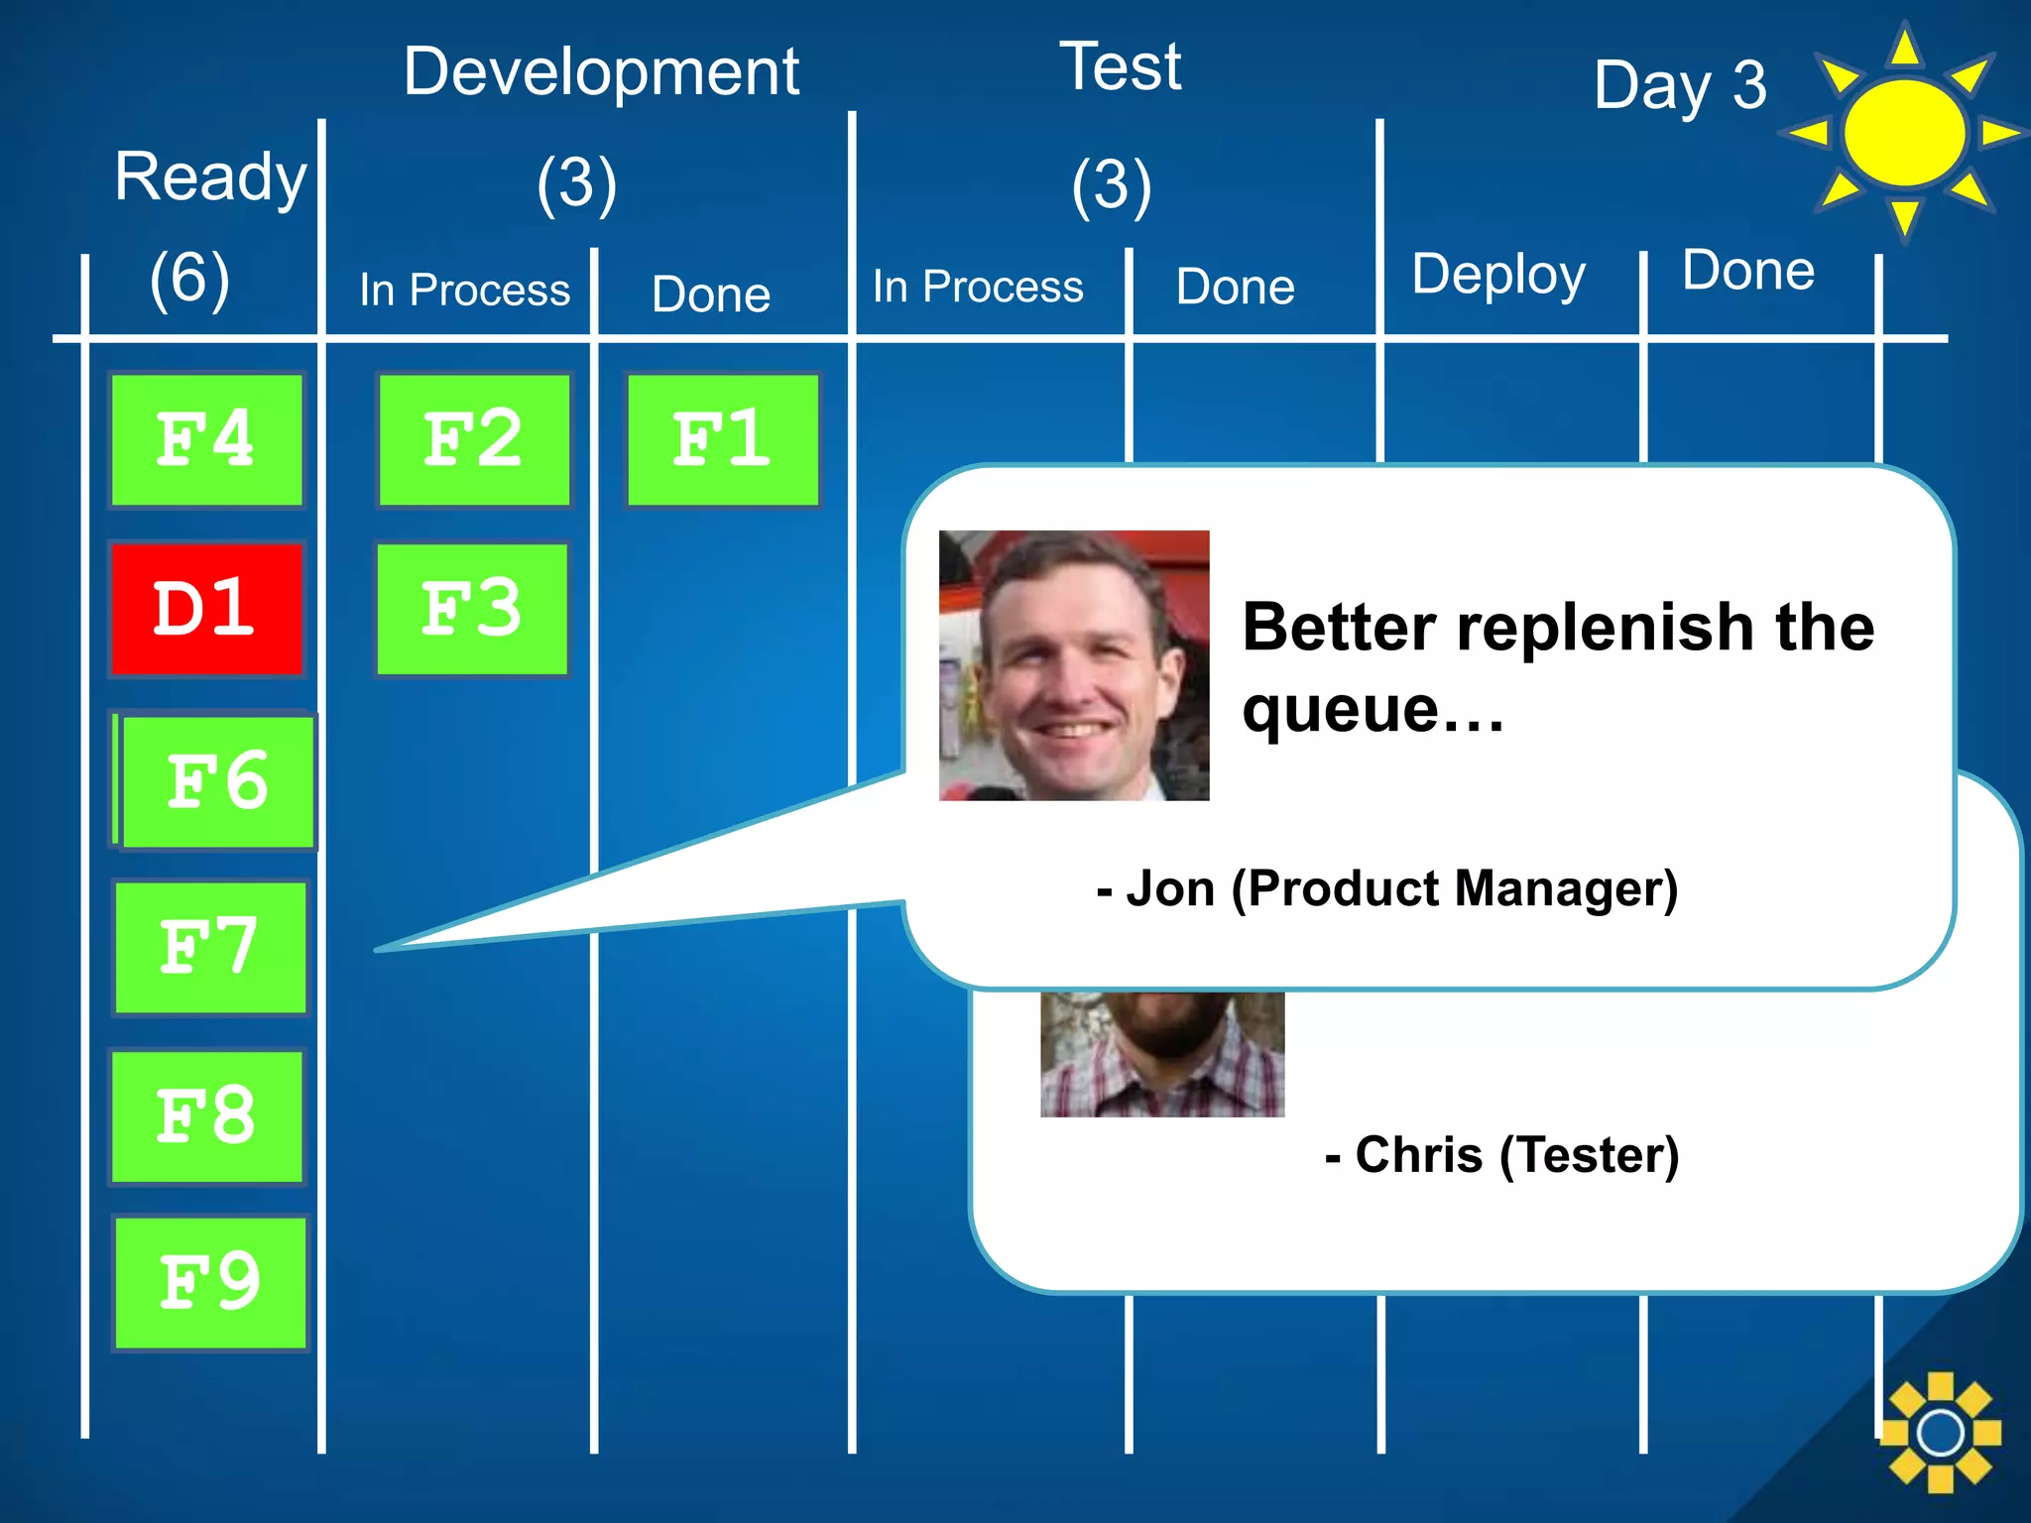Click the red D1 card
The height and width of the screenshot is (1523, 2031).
click(x=206, y=609)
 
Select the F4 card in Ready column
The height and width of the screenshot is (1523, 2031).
click(x=206, y=439)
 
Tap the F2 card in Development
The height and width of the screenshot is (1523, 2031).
click(x=474, y=439)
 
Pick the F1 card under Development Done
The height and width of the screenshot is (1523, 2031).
click(x=723, y=439)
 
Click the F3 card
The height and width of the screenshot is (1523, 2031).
click(x=472, y=609)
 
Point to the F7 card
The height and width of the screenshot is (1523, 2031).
click(x=210, y=947)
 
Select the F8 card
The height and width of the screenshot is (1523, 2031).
click(x=206, y=1116)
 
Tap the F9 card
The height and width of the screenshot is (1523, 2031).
click(x=210, y=1282)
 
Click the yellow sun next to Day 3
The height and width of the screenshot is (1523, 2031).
click(x=1903, y=133)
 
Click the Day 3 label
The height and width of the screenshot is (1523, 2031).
click(x=1680, y=86)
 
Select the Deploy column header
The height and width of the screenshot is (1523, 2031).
click(x=1497, y=275)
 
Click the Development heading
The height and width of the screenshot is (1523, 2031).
click(x=601, y=72)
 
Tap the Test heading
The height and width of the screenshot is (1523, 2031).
click(x=1121, y=67)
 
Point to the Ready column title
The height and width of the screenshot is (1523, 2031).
click(x=210, y=177)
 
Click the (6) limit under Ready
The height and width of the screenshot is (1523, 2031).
click(x=189, y=278)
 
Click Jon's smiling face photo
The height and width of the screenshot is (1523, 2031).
click(x=1074, y=665)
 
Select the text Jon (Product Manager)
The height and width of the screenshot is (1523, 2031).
click(x=1388, y=888)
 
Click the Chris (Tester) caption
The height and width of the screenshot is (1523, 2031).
click(x=1502, y=1155)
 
